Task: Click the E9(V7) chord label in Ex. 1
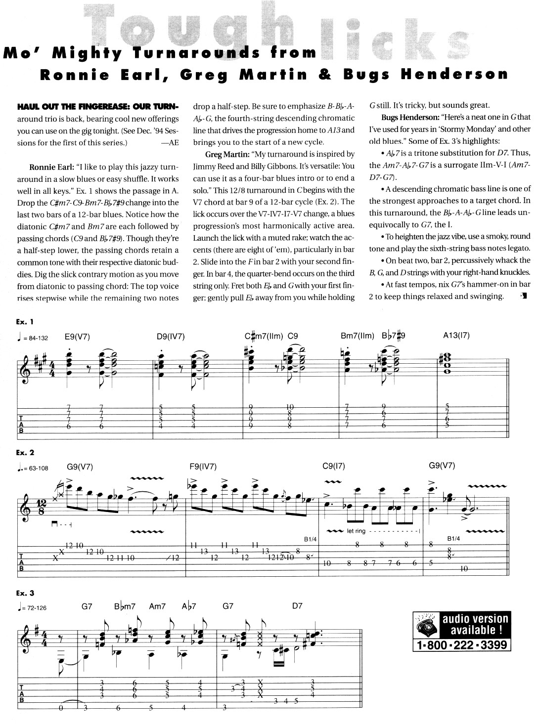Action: point(77,337)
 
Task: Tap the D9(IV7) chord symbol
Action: point(171,337)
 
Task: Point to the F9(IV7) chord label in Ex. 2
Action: point(203,466)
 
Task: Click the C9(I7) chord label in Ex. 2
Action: point(334,466)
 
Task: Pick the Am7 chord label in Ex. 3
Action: point(157,606)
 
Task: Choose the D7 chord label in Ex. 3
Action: point(297,606)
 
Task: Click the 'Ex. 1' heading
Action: point(25,322)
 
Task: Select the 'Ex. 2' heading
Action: point(25,452)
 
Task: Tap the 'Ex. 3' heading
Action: point(25,593)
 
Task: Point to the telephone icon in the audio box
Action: point(426,625)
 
